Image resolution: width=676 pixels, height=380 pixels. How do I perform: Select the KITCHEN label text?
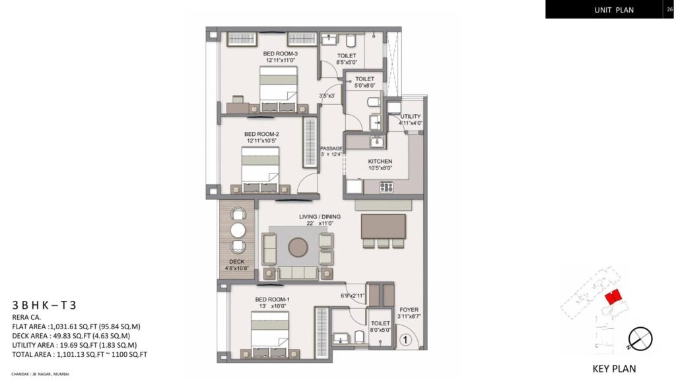pyautogui.click(x=380, y=161)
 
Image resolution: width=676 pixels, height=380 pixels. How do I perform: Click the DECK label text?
pyautogui.click(x=236, y=261)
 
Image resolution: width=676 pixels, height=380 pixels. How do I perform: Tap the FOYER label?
pyautogui.click(x=409, y=309)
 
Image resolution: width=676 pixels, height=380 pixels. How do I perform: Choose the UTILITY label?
pyautogui.click(x=410, y=117)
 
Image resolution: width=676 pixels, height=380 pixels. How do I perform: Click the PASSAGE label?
pyautogui.click(x=331, y=148)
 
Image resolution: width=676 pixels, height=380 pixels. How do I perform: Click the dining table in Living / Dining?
pyautogui.click(x=383, y=226)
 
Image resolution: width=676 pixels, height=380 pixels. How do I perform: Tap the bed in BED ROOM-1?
pyautogui.click(x=269, y=329)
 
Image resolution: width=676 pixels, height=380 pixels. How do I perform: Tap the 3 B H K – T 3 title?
pyautogui.click(x=44, y=305)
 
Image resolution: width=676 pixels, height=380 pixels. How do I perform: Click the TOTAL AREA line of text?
pyautogui.click(x=79, y=354)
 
